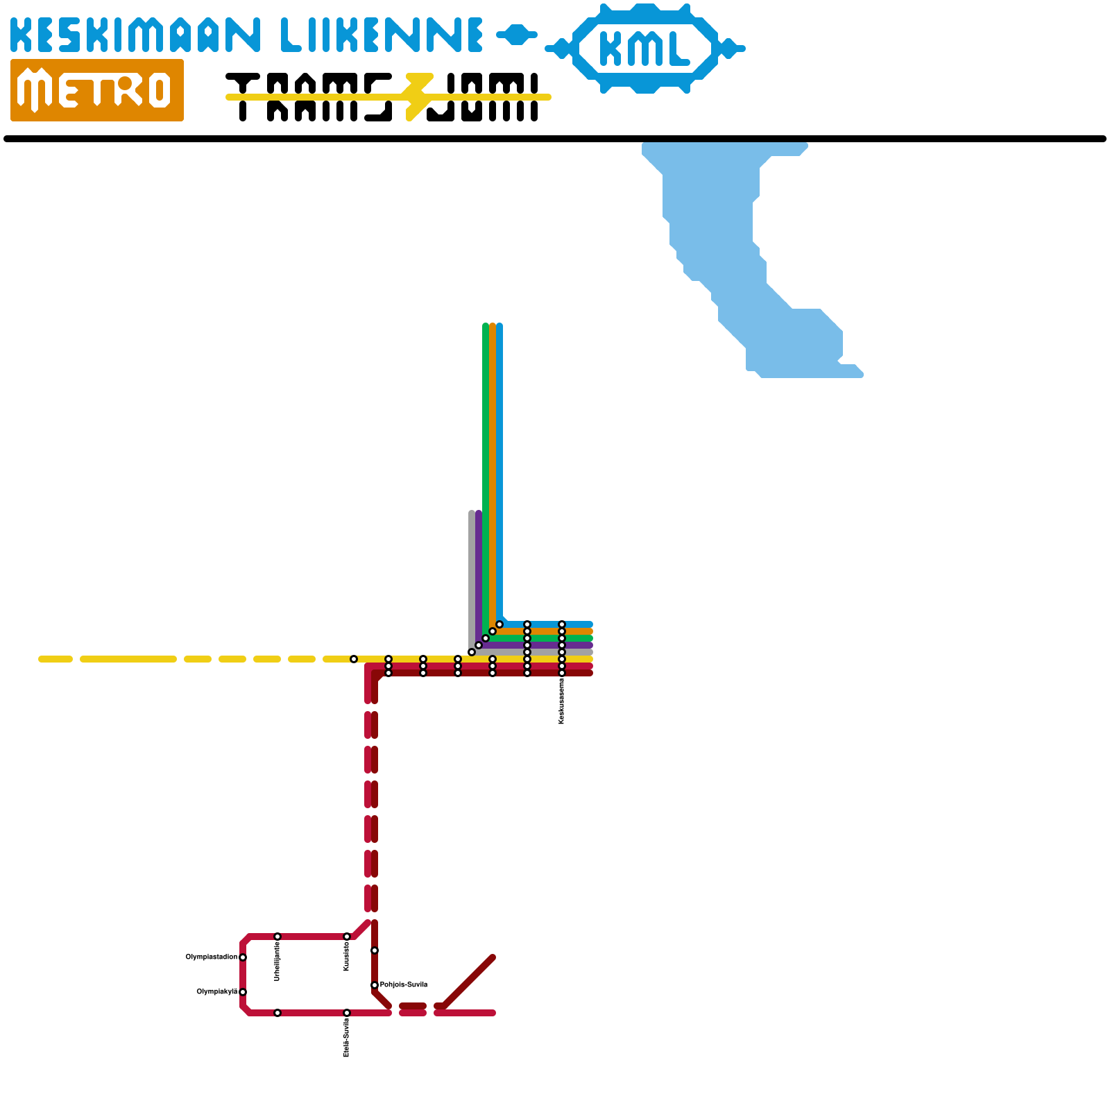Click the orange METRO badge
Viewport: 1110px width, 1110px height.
97,90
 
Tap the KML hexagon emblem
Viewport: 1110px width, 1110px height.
645,49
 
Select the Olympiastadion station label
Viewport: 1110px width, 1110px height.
211,957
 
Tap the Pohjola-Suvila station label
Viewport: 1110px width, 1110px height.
404,984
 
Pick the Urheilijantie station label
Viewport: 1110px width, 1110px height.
277,961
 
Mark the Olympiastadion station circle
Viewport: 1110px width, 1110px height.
243,957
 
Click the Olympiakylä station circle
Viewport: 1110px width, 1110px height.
243,992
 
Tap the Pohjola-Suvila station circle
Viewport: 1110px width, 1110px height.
375,985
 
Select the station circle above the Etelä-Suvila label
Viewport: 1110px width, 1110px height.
347,1013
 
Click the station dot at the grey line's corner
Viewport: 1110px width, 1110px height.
472,652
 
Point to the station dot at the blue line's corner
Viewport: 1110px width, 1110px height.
499,624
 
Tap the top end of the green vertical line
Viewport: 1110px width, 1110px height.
486,326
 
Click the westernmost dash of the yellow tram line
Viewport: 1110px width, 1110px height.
55,659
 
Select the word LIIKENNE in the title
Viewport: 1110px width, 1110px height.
382,35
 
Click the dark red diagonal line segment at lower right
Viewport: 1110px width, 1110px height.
468,982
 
